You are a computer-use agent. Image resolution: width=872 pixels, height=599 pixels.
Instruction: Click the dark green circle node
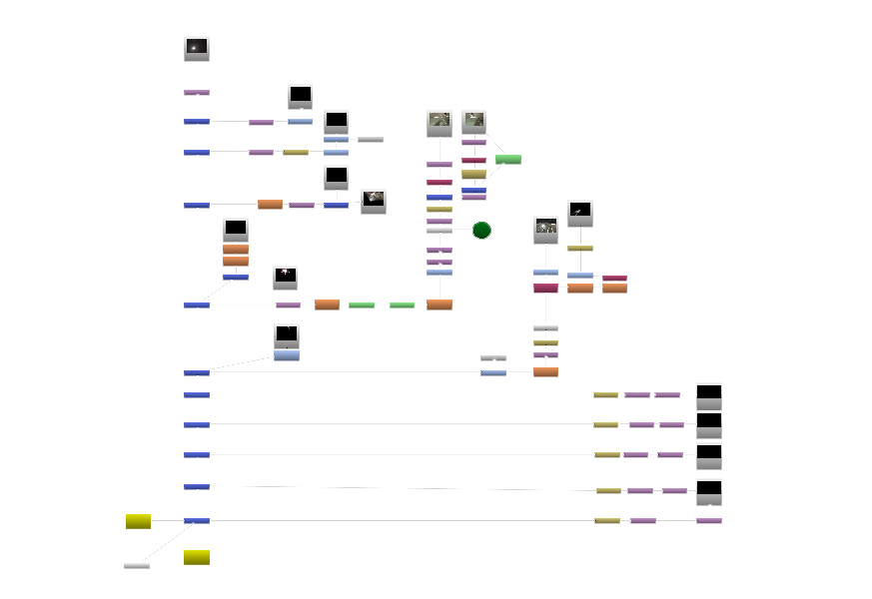pyautogui.click(x=481, y=231)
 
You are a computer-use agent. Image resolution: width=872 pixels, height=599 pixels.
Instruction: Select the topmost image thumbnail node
pyautogui.click(x=197, y=49)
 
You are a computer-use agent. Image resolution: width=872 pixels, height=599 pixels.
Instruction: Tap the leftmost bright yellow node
pyautogui.click(x=138, y=521)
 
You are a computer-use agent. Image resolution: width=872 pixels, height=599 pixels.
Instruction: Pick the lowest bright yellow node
pyautogui.click(x=197, y=557)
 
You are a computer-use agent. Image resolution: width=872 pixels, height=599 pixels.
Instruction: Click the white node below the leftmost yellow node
pyautogui.click(x=137, y=566)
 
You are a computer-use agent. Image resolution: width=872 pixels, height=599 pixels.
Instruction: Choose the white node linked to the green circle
pyautogui.click(x=439, y=231)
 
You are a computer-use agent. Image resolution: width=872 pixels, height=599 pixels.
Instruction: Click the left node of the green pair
pyautogui.click(x=362, y=305)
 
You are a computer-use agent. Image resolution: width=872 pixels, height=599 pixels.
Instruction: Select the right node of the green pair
pyautogui.click(x=402, y=305)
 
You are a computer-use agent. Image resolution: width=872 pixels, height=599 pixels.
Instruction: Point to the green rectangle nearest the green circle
pyautogui.click(x=508, y=160)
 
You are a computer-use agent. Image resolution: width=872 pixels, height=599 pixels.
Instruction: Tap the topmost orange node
pyautogui.click(x=270, y=205)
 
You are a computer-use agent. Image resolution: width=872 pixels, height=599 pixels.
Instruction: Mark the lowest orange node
pyautogui.click(x=545, y=372)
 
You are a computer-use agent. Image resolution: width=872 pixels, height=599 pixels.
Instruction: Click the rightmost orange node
pyautogui.click(x=614, y=289)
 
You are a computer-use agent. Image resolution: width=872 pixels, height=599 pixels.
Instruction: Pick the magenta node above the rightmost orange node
pyautogui.click(x=614, y=279)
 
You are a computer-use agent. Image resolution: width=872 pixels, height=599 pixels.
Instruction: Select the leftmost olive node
pyautogui.click(x=296, y=153)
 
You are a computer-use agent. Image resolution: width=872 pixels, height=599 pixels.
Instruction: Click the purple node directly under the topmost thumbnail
pyautogui.click(x=197, y=93)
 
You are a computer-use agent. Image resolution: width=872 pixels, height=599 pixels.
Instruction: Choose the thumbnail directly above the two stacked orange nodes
pyautogui.click(x=236, y=230)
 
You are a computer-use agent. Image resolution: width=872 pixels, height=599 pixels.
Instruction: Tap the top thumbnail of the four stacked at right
pyautogui.click(x=709, y=394)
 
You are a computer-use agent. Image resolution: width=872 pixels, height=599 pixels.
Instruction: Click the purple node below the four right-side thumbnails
pyautogui.click(x=709, y=521)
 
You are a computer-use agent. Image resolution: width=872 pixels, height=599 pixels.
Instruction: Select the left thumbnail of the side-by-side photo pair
pyautogui.click(x=439, y=123)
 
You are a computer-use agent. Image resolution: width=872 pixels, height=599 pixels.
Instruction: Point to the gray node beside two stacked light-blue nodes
pyautogui.click(x=371, y=140)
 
